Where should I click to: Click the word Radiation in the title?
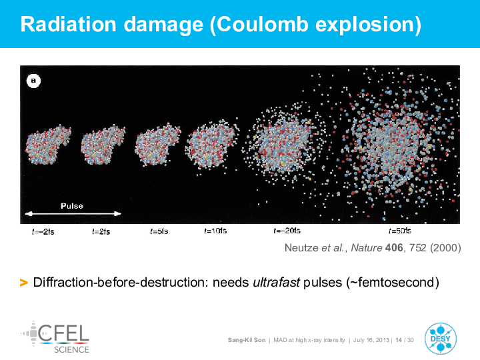point(68,24)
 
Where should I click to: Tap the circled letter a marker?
point(33,81)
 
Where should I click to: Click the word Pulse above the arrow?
point(72,206)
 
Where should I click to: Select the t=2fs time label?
point(101,232)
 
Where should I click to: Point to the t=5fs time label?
point(159,231)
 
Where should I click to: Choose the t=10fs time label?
point(215,231)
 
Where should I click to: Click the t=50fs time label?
point(400,231)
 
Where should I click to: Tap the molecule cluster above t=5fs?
point(157,145)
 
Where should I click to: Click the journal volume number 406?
point(394,247)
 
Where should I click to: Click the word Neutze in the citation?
point(301,247)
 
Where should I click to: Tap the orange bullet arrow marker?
point(23,282)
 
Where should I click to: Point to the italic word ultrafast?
point(276,282)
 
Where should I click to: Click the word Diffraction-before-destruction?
point(121,282)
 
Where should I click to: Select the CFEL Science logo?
point(55,337)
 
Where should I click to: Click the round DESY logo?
point(441,339)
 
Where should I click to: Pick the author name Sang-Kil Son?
point(247,340)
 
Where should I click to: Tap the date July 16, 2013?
point(371,340)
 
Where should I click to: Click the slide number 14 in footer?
point(398,340)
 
